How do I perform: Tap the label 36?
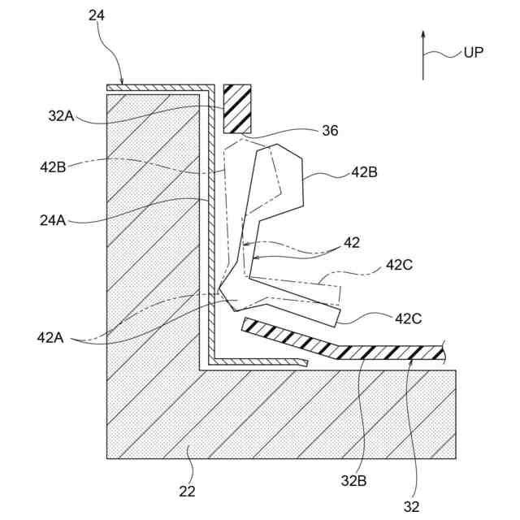coord(330,130)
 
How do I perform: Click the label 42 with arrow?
coord(351,242)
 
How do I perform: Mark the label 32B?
coord(353,481)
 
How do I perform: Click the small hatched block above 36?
coord(237,108)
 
